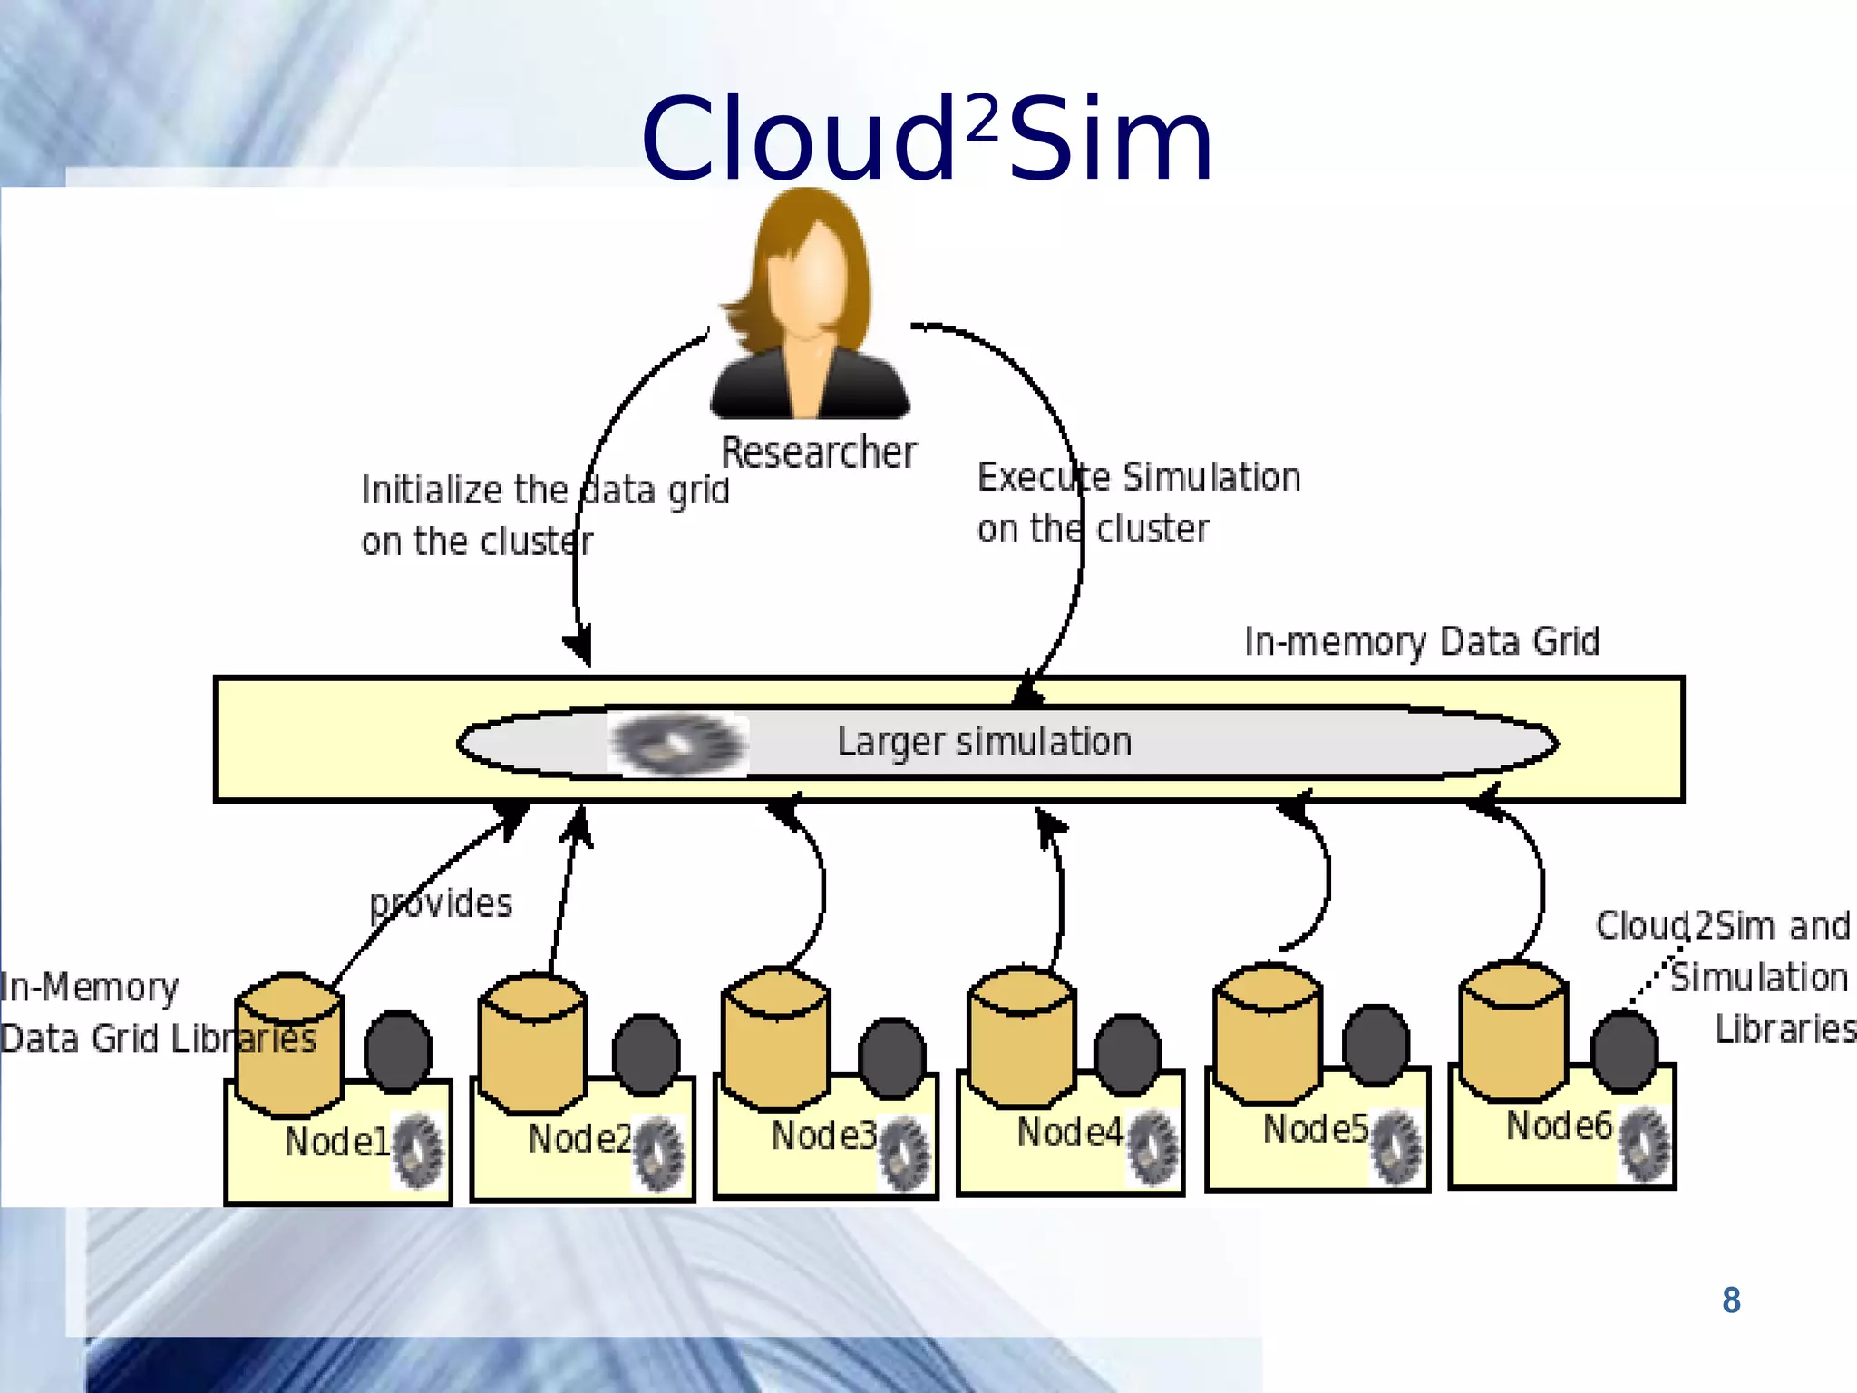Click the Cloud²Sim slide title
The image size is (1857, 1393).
927,141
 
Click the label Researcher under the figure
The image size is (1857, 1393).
818,453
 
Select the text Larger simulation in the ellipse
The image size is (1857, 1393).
984,742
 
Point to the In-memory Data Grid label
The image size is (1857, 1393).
1421,641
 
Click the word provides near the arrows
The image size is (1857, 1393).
442,903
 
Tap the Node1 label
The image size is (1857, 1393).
335,1142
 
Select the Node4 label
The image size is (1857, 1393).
1068,1133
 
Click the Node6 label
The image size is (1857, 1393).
1558,1126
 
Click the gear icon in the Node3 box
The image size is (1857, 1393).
904,1154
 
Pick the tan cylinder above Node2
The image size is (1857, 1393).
533,1043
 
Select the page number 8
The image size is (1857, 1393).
1731,1300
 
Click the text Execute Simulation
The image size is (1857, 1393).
1138,477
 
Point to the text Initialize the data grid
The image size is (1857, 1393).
544,491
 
